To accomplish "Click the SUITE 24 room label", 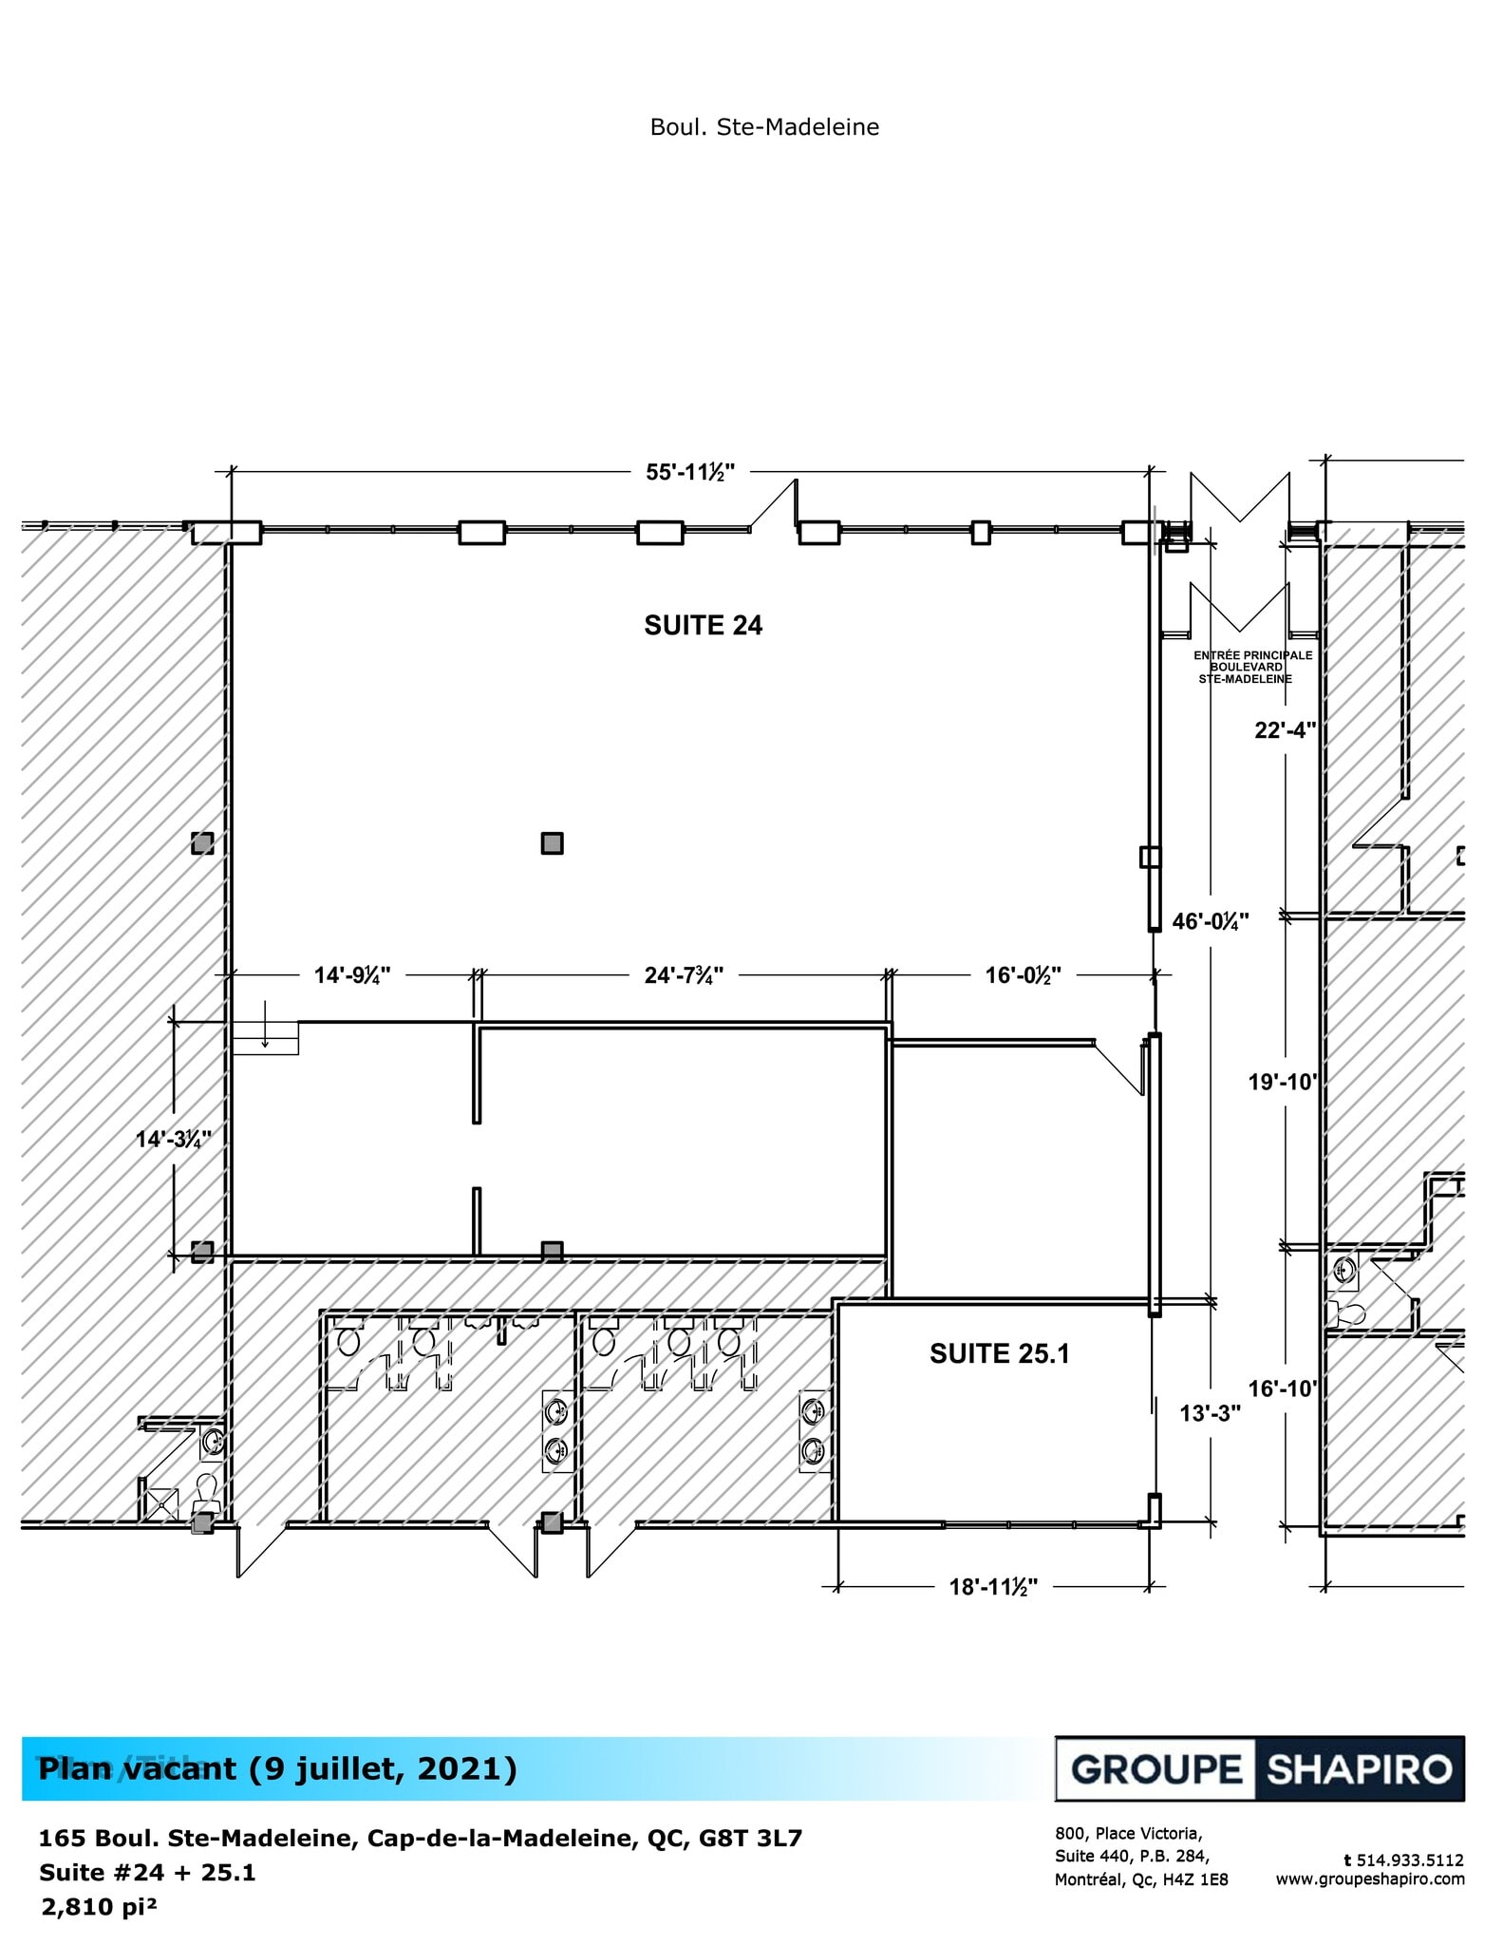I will (703, 625).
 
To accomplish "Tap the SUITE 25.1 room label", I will (999, 1353).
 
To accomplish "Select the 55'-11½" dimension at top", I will (690, 472).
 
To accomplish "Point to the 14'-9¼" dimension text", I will (352, 975).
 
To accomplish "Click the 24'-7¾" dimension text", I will (684, 975).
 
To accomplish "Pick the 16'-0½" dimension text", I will (1023, 975).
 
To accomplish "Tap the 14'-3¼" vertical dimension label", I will (173, 1139).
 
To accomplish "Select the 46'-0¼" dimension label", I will (1211, 920).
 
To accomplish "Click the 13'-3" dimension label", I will (1211, 1413).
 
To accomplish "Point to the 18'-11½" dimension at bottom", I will (993, 1587).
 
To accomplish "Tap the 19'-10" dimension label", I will (1284, 1082).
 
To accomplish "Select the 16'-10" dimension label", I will (1284, 1388).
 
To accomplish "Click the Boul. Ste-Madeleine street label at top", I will (764, 127).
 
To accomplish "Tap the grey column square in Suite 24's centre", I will (552, 842).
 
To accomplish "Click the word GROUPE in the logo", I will (1155, 1769).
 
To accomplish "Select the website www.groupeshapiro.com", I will (1369, 1879).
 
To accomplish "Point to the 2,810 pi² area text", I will (99, 1907).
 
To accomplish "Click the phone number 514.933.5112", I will (1409, 1860).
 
